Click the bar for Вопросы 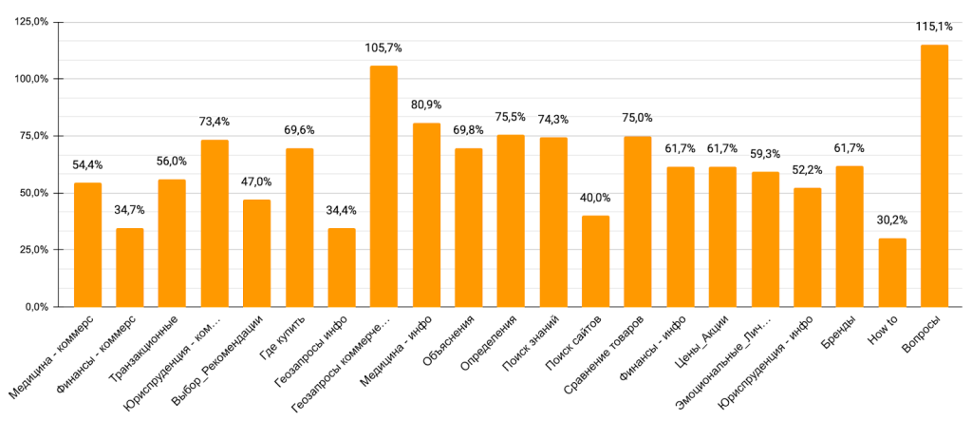(934, 176)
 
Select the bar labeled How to (892, 273)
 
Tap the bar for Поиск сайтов (595, 261)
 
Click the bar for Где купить (299, 228)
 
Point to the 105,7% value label (383, 47)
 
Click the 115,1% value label (934, 26)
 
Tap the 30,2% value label (892, 220)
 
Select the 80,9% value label (426, 104)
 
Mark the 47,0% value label (256, 181)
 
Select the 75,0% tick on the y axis (34, 136)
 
